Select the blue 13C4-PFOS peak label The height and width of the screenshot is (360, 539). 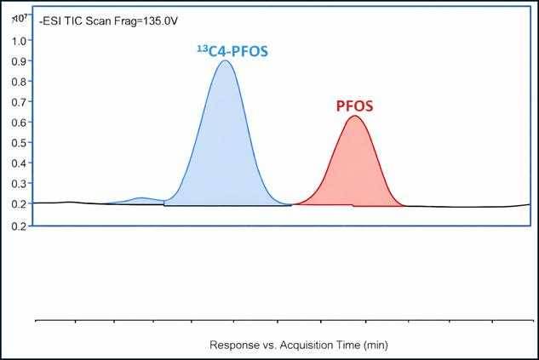228,51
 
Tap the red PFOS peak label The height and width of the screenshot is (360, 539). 354,107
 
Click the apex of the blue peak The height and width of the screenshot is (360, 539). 225,61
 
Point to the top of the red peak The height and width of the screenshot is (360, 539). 355,117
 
